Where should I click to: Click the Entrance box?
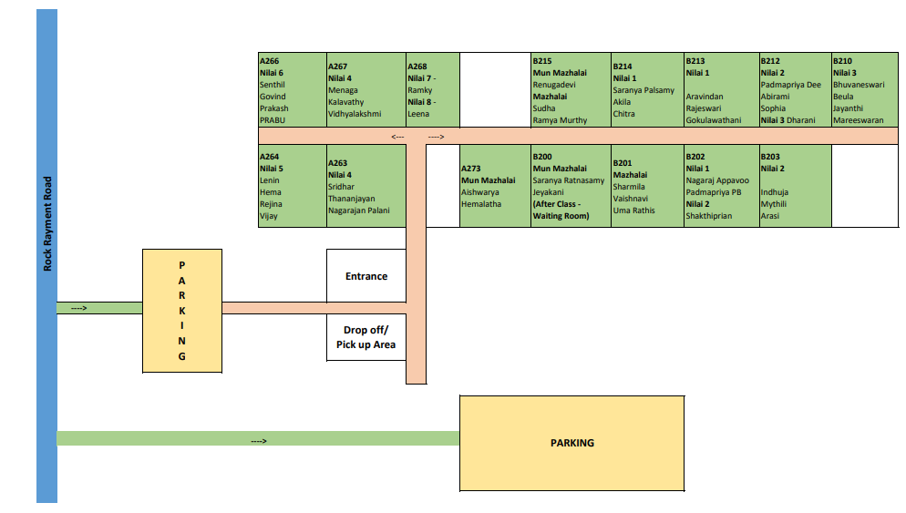(365, 276)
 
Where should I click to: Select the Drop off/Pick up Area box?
(365, 337)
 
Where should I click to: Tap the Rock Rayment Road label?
(47, 223)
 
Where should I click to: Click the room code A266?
(271, 61)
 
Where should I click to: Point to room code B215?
(542, 61)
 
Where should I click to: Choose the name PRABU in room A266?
(273, 119)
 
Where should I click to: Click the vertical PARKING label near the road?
(181, 310)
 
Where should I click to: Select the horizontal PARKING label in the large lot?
(571, 443)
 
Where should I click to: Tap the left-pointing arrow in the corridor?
(398, 137)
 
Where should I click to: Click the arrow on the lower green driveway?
(259, 441)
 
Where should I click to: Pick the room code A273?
(471, 169)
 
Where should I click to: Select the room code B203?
(770, 157)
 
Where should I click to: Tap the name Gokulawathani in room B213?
(716, 119)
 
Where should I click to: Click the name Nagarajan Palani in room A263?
(358, 210)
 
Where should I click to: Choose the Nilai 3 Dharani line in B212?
(788, 119)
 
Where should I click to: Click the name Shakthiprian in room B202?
(708, 216)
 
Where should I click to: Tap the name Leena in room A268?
(418, 114)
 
